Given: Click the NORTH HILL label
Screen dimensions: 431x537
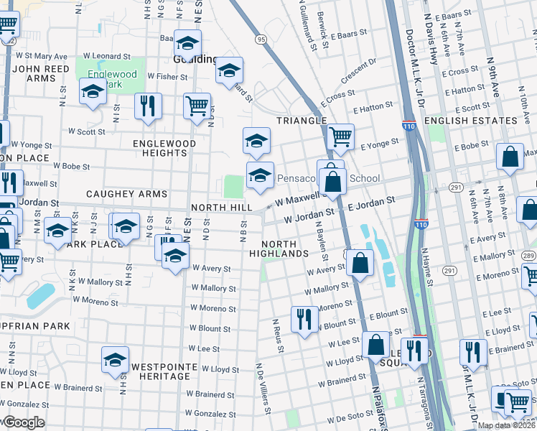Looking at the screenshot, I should point(221,208).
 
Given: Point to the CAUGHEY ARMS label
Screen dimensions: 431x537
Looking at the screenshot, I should point(126,194).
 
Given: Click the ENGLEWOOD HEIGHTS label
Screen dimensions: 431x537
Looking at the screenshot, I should point(164,148).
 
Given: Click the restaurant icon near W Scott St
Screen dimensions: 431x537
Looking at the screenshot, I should point(148,106).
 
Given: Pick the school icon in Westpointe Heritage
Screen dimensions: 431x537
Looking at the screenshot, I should point(114,361).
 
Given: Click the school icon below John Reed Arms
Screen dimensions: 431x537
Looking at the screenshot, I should point(93,93).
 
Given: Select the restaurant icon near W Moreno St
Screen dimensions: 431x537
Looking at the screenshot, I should point(304,318).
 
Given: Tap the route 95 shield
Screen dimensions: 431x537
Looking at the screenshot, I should point(260,39).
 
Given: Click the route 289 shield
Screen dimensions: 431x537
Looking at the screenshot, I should point(528,256).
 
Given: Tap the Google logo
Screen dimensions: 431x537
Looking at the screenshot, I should point(22,422).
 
